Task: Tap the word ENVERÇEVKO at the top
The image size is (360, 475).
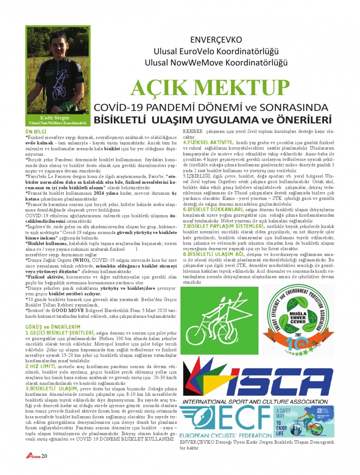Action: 216,40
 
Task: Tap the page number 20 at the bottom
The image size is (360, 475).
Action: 44,456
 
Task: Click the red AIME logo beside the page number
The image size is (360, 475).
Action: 33,456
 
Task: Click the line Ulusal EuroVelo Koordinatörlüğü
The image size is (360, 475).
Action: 216,51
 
